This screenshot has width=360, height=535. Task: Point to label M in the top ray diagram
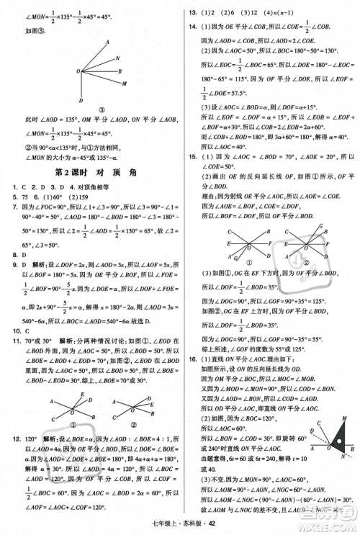125,83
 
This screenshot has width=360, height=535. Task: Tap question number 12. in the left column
10,438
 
